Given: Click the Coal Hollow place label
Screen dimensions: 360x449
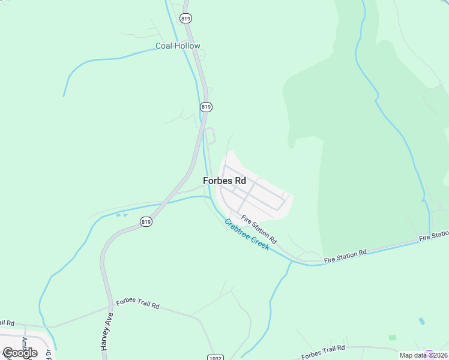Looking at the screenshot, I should click(x=178, y=46).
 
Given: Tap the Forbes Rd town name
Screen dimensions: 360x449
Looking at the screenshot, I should click(x=224, y=180).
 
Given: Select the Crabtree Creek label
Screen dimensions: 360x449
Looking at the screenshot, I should click(x=247, y=234).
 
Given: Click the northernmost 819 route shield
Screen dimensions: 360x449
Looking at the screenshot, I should click(x=185, y=19).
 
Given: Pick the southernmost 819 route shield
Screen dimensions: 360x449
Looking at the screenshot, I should click(x=146, y=222).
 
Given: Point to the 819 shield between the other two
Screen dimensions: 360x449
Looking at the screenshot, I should click(x=206, y=106).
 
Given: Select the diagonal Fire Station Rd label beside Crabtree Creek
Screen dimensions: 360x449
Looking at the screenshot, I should click(x=259, y=228).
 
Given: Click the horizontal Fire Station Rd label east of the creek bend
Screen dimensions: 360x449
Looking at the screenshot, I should click(x=345, y=256).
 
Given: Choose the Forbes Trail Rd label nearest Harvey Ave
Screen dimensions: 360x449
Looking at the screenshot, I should click(x=137, y=304).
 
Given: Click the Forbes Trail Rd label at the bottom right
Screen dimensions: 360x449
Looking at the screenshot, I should click(x=323, y=352).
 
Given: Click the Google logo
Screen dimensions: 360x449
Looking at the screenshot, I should click(x=20, y=353).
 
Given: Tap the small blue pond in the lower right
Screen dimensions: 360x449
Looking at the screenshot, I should click(x=421, y=322).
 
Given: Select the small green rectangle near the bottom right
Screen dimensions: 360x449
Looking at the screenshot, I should click(x=393, y=338).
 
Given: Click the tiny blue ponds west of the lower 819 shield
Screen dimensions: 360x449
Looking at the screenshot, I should click(x=121, y=214).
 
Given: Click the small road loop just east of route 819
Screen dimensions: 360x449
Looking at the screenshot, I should click(x=210, y=136).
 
